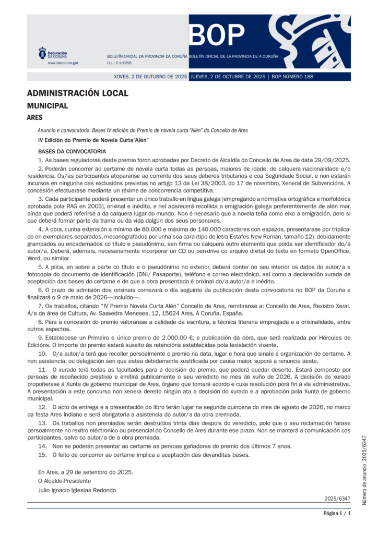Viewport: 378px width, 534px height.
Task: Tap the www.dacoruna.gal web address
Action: (63, 63)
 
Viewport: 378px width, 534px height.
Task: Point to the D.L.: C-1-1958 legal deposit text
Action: (119, 63)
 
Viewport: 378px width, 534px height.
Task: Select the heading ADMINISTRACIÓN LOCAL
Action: (77, 93)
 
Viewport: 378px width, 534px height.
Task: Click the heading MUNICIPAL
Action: (47, 106)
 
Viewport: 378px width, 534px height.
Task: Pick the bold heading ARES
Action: (34, 118)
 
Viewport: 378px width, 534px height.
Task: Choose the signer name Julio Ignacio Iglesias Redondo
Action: (77, 490)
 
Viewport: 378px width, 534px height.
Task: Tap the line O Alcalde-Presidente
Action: (64, 481)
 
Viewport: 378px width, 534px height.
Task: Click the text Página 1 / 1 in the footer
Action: (337, 514)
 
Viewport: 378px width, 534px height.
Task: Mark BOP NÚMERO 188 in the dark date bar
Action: (292, 77)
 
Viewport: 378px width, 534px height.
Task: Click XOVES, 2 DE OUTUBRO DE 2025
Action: (150, 77)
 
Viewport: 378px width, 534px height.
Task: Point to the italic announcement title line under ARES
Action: (143, 130)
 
